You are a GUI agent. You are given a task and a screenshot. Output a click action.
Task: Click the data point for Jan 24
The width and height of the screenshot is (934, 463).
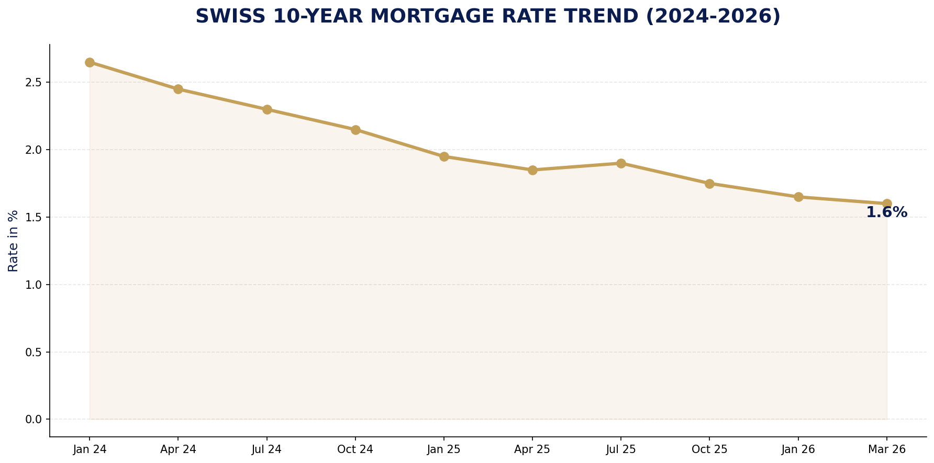90,62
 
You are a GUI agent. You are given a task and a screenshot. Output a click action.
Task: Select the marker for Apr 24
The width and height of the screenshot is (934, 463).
178,89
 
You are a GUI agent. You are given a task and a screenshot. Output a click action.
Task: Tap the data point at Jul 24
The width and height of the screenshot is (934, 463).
267,109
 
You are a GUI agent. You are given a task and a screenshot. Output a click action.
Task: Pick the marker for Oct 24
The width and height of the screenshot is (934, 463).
355,130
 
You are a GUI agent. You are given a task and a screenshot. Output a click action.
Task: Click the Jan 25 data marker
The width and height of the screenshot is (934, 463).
444,156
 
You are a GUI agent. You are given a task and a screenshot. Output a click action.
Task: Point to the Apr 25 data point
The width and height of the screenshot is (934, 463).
532,170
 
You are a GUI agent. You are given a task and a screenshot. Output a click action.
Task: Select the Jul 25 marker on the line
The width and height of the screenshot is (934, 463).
621,163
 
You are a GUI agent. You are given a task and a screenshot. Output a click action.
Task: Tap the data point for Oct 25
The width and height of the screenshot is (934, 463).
709,184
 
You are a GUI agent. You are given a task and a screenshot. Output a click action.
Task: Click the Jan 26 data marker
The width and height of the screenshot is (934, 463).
798,197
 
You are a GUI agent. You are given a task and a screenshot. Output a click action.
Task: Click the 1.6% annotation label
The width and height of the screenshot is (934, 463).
886,212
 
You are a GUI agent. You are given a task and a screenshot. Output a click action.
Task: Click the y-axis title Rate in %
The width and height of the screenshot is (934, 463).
13,241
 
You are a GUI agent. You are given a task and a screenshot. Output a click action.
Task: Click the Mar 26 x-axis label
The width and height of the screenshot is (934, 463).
886,449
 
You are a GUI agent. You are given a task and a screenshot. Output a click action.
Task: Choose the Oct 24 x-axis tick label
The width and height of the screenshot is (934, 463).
355,449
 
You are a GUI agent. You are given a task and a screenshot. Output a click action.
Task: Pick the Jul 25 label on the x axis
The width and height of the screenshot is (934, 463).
621,449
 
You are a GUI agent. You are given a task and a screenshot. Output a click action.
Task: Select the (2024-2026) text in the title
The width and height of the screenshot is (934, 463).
713,16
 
